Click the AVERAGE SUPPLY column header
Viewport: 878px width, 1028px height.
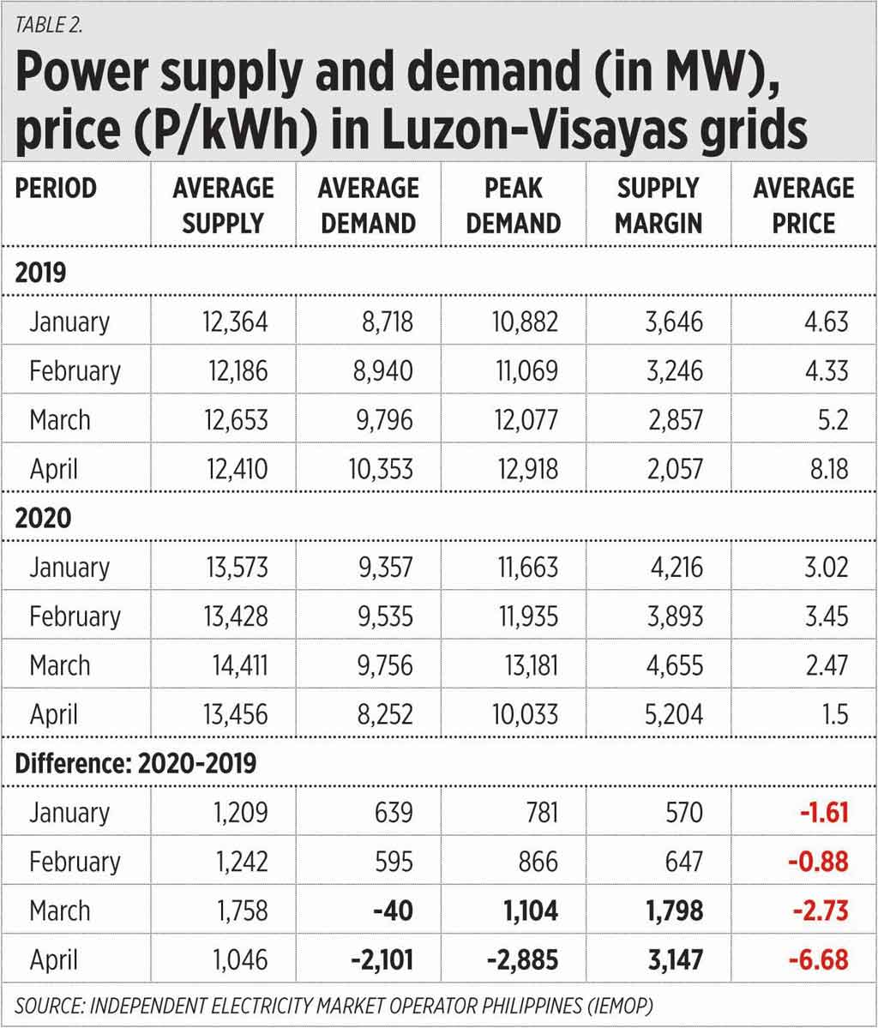pos(222,206)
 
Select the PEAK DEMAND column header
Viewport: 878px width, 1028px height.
pos(514,206)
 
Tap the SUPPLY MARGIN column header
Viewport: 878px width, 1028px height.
pos(658,206)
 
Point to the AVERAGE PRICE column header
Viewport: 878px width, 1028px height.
pos(803,206)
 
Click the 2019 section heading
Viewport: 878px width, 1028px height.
pos(40,273)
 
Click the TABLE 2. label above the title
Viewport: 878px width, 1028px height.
pos(50,24)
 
